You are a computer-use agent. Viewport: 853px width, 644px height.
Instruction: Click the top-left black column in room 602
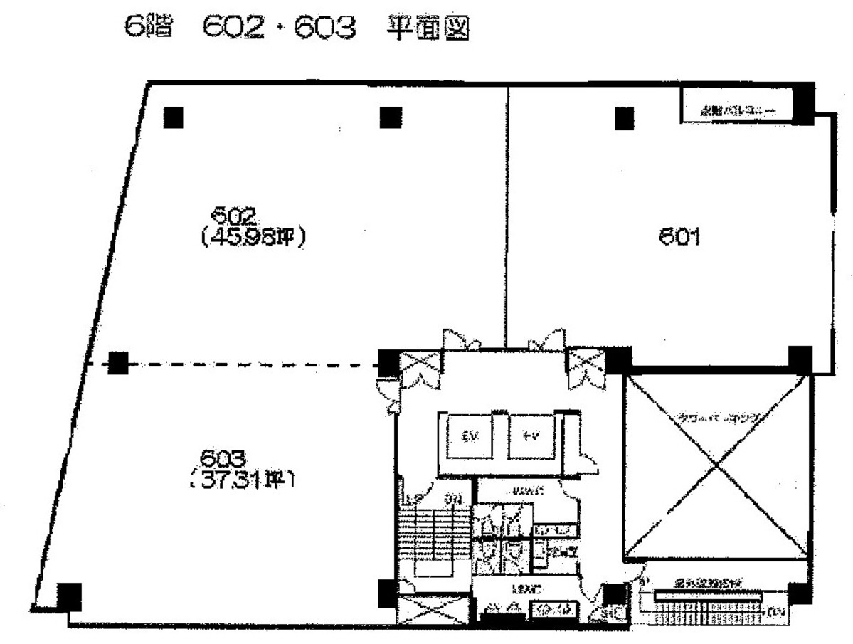(174, 117)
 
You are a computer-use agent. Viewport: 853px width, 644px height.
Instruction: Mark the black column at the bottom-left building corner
(68, 594)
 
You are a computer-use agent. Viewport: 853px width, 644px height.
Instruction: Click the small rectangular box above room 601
(737, 105)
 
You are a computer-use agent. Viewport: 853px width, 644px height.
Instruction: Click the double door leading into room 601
(547, 339)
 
